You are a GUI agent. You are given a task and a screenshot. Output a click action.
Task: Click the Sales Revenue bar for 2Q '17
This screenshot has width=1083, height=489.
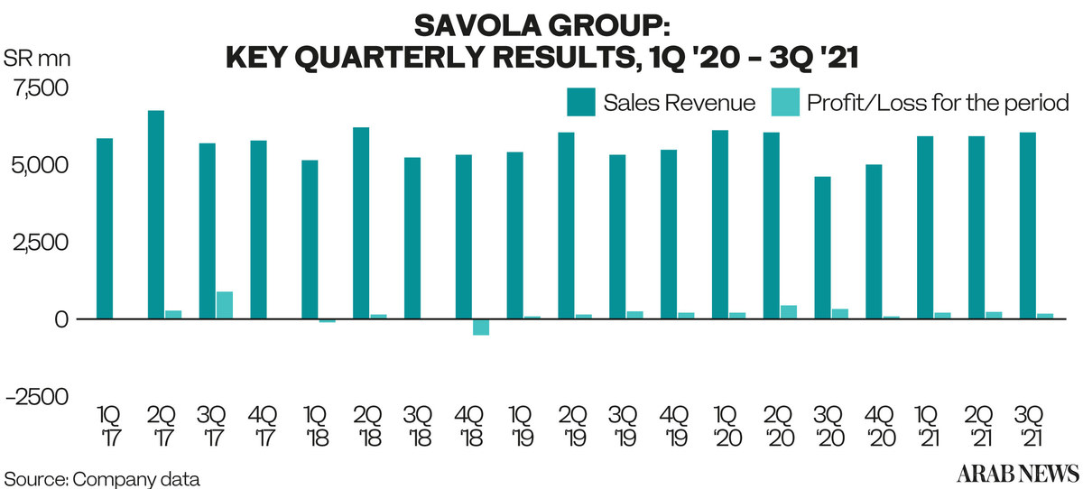click(156, 215)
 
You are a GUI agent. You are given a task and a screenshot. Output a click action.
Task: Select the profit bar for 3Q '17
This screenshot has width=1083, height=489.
click(224, 305)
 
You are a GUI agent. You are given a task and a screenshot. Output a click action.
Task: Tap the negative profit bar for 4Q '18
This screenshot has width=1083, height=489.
click(481, 327)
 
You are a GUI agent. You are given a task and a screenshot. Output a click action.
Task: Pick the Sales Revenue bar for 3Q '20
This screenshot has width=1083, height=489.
click(824, 248)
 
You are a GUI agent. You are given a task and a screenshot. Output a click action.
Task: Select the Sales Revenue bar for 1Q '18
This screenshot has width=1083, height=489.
click(310, 239)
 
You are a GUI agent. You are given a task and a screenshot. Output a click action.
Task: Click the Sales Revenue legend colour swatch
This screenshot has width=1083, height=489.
click(581, 102)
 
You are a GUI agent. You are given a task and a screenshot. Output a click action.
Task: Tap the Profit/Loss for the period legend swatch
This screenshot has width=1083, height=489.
click(784, 102)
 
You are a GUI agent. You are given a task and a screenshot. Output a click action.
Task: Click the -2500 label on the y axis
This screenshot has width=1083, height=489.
click(38, 397)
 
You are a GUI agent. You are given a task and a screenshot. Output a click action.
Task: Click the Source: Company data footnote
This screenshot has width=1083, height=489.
click(101, 476)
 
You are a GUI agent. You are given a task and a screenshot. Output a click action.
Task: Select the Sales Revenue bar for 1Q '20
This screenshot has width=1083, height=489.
click(720, 225)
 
